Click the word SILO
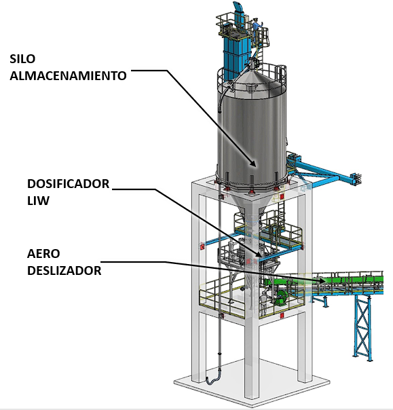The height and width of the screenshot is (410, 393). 22,59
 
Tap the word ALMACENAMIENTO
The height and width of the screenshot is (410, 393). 69,76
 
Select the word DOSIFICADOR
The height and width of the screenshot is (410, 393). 69,184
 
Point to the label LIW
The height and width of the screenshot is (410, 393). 38,201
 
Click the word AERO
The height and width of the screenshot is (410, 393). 43,254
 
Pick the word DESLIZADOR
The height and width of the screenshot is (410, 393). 64,271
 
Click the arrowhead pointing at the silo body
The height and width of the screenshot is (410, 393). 253,164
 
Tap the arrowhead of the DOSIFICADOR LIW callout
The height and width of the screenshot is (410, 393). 259,254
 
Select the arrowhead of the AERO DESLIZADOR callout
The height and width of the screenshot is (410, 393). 321,280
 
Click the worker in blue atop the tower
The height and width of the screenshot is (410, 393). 256,28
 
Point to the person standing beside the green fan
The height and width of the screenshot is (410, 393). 263,303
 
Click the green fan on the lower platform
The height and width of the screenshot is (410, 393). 282,297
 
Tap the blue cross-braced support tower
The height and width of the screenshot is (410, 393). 362,328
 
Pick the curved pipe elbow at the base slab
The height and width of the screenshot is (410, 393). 212,379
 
